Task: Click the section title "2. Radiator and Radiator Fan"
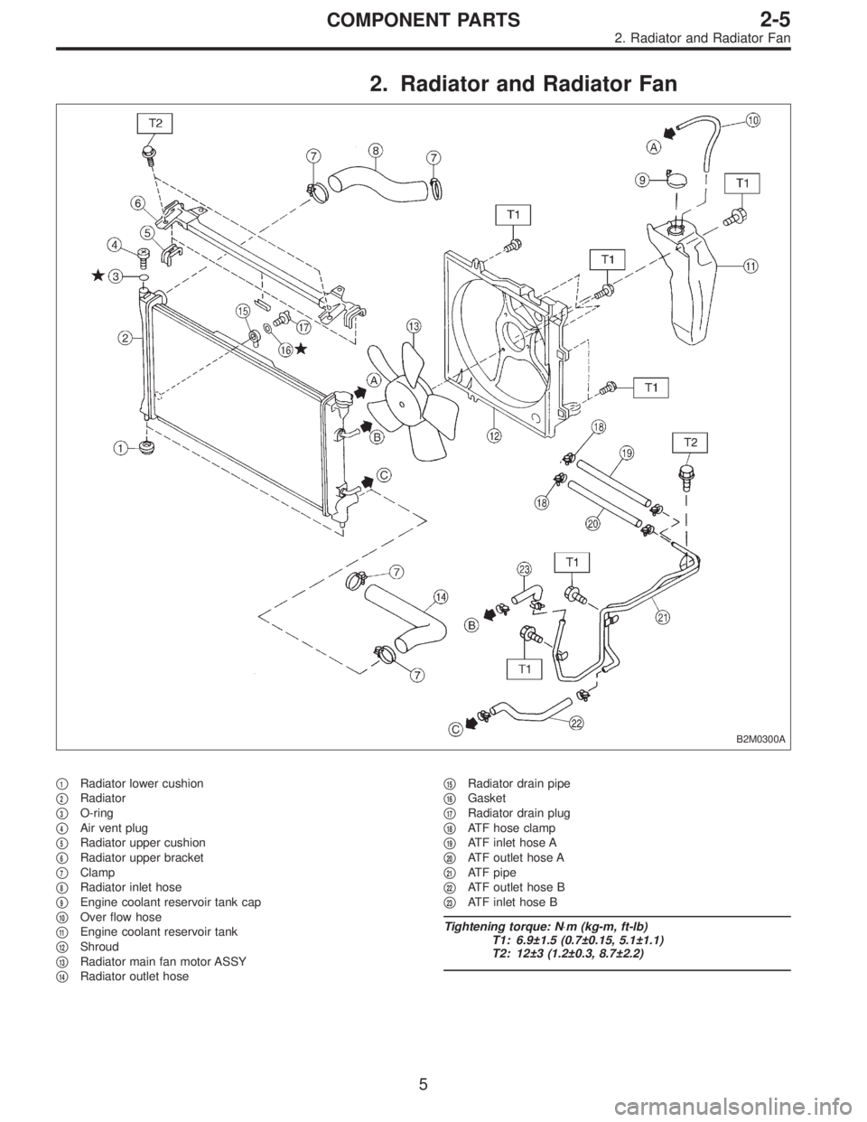click(524, 85)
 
